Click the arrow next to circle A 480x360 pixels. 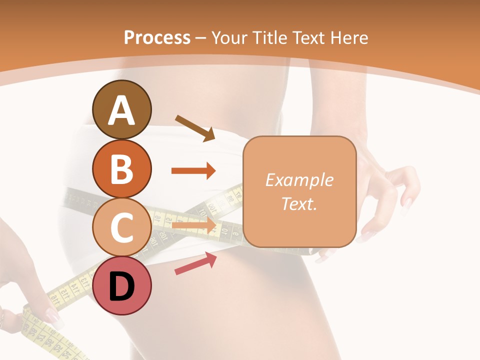click(x=195, y=128)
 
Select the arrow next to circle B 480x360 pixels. click(x=193, y=171)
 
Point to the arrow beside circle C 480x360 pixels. click(x=193, y=226)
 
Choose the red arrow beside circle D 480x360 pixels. click(x=195, y=263)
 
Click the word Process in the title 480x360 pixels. click(x=157, y=38)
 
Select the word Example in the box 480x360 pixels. click(x=299, y=180)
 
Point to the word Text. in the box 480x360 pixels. click(x=299, y=203)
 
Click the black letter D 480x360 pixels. click(x=122, y=286)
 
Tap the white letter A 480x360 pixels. click(x=122, y=110)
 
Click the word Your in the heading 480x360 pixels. click(x=229, y=38)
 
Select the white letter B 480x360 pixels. click(x=122, y=169)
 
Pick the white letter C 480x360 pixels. click(x=122, y=227)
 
